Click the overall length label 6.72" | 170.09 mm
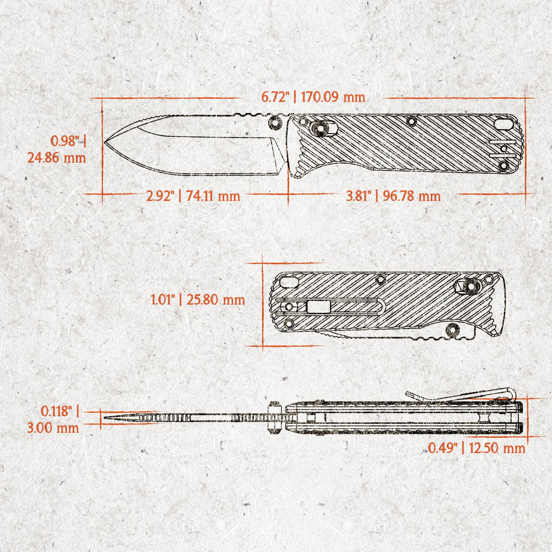(x=313, y=97)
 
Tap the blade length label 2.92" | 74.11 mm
(x=193, y=196)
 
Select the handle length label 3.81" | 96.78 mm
(x=393, y=196)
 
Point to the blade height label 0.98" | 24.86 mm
(x=57, y=149)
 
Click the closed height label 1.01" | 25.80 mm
(x=198, y=300)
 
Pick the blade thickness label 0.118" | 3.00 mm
(x=53, y=420)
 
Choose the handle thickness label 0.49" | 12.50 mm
(x=476, y=448)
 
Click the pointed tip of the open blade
(x=104, y=142)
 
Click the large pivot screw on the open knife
(x=320, y=128)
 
